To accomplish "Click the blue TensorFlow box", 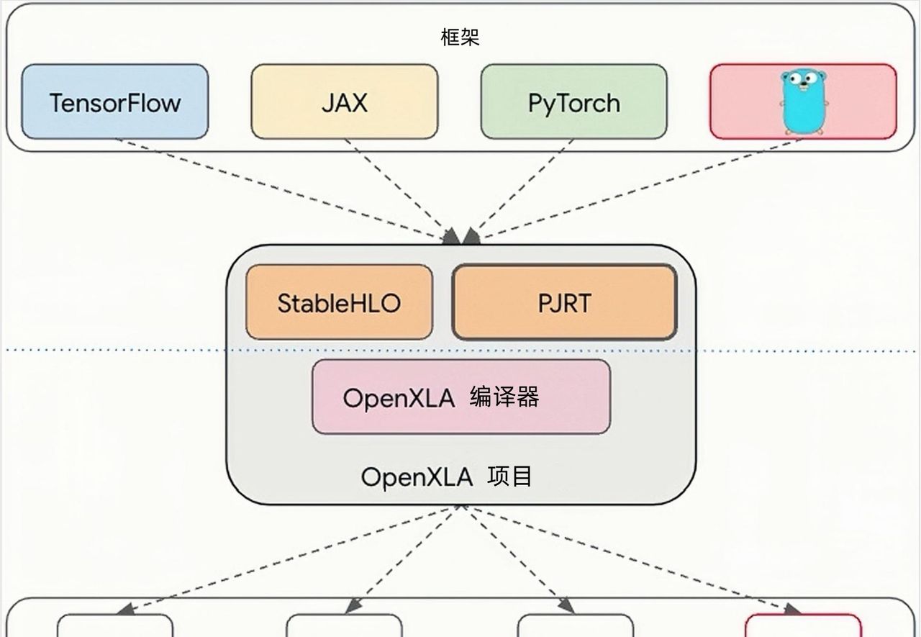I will pyautogui.click(x=114, y=101).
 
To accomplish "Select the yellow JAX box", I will pyautogui.click(x=344, y=101).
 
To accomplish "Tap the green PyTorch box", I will pyautogui.click(x=573, y=101).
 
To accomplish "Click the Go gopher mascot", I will pyautogui.click(x=803, y=101).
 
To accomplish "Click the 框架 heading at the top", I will pyautogui.click(x=460, y=37).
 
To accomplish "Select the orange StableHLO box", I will pyautogui.click(x=339, y=302).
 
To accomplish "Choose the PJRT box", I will pyautogui.click(x=564, y=302).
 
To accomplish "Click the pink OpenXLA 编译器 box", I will pyautogui.click(x=460, y=397).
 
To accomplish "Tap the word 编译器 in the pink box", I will pyautogui.click(x=504, y=397).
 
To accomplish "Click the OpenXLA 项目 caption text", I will pyautogui.click(x=446, y=476).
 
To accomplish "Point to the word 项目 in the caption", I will pyautogui.click(x=510, y=476).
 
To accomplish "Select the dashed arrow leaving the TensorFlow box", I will pyautogui.click(x=281, y=187).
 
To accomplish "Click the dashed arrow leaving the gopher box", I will pyautogui.click(x=640, y=187).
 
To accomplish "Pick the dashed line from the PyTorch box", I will pyautogui.click(x=525, y=187).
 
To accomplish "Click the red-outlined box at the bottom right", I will pyautogui.click(x=803, y=625).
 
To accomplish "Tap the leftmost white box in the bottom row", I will pyautogui.click(x=115, y=625).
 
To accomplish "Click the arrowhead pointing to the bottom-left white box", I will pyautogui.click(x=123, y=609).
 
